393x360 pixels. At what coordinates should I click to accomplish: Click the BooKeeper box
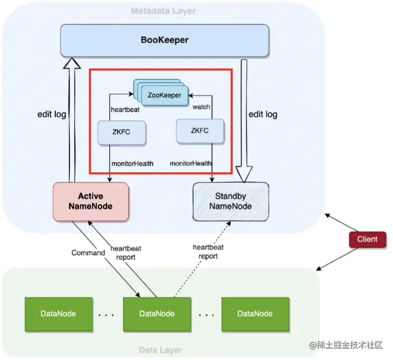tap(165, 40)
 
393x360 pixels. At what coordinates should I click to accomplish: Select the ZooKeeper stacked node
tap(164, 95)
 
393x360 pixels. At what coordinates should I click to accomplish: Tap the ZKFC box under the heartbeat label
tap(122, 131)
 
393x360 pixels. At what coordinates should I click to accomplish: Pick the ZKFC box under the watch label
tap(199, 131)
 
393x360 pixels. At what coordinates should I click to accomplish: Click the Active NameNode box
tap(91, 201)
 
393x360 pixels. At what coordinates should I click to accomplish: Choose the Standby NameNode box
tap(231, 201)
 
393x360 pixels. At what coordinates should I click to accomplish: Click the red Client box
tap(367, 239)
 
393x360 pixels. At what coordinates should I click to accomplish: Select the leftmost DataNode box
tap(58, 313)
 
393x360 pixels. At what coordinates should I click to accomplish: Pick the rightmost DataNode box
tap(255, 313)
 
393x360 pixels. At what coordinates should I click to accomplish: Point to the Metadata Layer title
tap(163, 11)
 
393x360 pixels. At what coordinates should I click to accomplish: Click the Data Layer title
tap(161, 350)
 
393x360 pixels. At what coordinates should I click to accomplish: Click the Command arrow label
tap(88, 253)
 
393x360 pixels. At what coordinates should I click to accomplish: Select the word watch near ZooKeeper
tap(201, 106)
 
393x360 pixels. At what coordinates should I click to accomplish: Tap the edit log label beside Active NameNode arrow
tap(52, 114)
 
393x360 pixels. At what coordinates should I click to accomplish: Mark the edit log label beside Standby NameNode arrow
tap(263, 114)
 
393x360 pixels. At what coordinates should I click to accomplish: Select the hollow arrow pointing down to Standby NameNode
tap(244, 118)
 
